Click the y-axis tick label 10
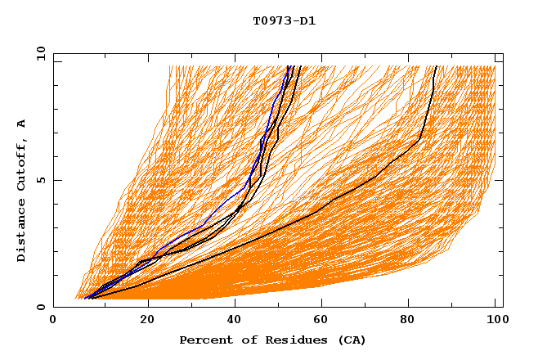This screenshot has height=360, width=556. coord(41,53)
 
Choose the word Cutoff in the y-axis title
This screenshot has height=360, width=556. coord(21,169)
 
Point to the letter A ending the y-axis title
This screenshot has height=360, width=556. coord(21,124)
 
